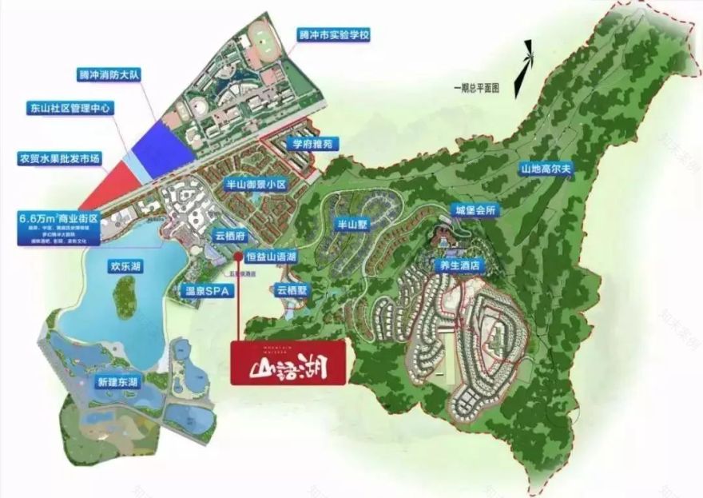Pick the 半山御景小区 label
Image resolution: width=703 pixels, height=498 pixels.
pyautogui.click(x=256, y=184)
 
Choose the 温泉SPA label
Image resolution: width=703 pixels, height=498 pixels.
pyautogui.click(x=208, y=293)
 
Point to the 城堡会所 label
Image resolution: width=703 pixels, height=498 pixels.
pyautogui.click(x=474, y=209)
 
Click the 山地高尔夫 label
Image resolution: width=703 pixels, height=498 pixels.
pyautogui.click(x=548, y=169)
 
